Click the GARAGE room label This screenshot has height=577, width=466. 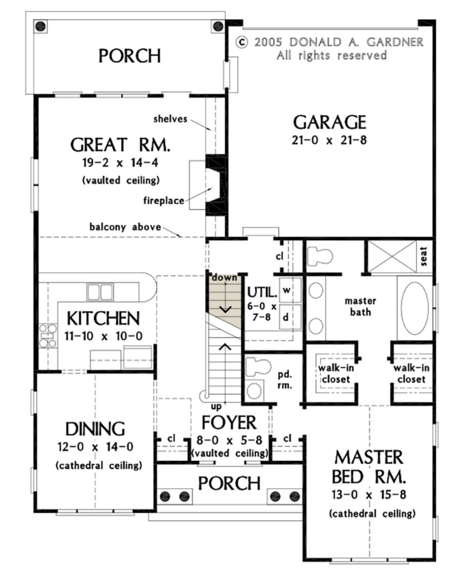(329, 122)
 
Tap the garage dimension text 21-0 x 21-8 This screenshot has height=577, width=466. (329, 140)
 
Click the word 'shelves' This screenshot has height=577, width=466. (170, 119)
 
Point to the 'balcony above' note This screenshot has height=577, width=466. (125, 227)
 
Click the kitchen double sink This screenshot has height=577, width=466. (100, 292)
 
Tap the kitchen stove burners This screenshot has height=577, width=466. (48, 336)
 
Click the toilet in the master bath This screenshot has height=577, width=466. (320, 255)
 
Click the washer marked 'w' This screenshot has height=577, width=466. (290, 290)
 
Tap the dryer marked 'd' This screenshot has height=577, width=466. (290, 317)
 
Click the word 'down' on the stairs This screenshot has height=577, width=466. (224, 277)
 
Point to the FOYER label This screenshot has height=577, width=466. (229, 422)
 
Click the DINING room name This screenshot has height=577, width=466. (95, 429)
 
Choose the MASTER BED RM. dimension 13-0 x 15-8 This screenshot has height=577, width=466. (369, 495)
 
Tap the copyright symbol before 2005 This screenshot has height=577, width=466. (242, 42)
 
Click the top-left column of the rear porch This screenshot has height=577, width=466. (40, 26)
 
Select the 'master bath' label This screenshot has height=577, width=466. (360, 306)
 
